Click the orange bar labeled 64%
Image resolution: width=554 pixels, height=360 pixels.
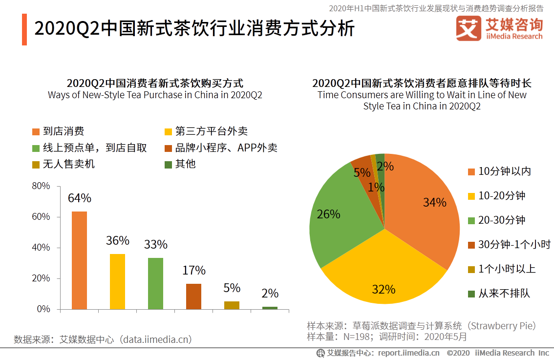pos(79,260)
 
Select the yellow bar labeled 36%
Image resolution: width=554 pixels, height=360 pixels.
pos(117,281)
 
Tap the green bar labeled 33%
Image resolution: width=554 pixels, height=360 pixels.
pos(155,283)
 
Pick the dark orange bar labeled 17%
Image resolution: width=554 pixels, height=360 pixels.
pos(193,296)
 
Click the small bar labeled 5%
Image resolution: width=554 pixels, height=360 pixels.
pos(232,305)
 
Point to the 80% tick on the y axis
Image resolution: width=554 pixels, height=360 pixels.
pos(41,186)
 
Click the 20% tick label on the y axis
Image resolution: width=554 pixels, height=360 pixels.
pos(41,278)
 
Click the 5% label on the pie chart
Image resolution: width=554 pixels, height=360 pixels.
pos(362,172)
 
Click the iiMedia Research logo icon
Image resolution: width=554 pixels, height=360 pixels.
pos(469,29)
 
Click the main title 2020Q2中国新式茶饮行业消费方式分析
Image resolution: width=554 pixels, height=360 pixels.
pos(194,29)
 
